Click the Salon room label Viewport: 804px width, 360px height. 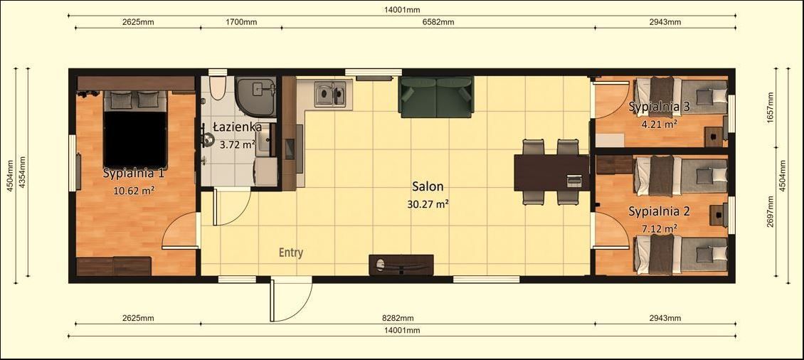tap(428, 187)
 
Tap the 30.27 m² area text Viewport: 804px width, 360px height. tap(428, 203)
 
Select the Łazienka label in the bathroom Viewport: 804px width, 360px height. tap(237, 127)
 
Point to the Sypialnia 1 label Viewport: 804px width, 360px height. tap(134, 173)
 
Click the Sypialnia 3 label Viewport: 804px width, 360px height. tap(659, 107)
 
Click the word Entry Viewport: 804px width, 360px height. tap(290, 253)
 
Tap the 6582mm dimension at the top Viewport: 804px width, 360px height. tap(438, 22)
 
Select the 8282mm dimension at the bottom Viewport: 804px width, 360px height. tap(398, 318)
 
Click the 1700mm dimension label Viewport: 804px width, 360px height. tap(241, 22)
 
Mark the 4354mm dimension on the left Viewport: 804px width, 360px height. tap(23, 173)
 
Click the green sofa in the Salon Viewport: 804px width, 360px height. tap(436, 97)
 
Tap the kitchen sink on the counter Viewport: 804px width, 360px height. tap(331, 93)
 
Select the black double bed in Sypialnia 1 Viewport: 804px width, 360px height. tap(135, 129)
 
